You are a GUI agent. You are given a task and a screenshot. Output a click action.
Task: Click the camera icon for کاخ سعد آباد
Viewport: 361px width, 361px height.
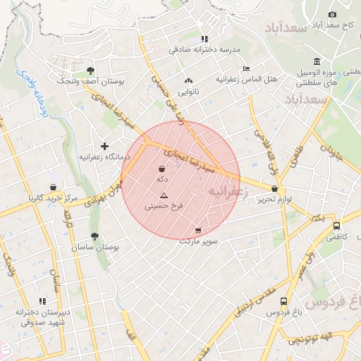(333, 15)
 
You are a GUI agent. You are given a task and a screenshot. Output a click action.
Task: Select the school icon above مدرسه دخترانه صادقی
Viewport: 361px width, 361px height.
(204, 39)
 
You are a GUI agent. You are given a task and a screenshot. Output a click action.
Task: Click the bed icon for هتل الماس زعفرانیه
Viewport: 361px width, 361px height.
(245, 68)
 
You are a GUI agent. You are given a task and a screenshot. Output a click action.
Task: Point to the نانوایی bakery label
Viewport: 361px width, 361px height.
(188, 92)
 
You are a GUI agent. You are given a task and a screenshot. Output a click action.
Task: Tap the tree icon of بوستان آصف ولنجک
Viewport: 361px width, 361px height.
(90, 70)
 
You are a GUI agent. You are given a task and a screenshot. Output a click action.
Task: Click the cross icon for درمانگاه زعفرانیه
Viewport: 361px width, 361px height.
(104, 146)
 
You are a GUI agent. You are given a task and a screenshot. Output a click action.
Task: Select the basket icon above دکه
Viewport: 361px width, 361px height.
(163, 169)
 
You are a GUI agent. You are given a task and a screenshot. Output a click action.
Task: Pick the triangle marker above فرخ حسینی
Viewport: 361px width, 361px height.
(164, 195)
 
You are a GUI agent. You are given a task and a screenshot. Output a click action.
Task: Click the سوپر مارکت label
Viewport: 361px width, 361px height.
(199, 240)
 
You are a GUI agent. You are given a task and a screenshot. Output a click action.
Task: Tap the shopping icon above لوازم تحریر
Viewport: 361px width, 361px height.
(274, 188)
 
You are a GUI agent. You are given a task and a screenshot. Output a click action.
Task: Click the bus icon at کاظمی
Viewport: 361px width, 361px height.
(336, 226)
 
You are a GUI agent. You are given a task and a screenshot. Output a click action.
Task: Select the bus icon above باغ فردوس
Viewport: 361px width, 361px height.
(283, 300)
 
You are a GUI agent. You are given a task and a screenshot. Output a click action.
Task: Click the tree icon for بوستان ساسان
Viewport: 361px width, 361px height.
(94, 236)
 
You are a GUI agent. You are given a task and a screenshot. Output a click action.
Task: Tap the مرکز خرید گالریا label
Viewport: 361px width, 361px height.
(51, 197)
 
